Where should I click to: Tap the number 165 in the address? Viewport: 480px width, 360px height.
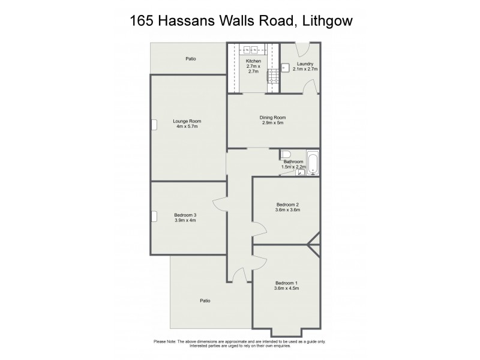click(x=143, y=21)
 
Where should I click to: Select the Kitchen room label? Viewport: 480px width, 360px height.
click(x=253, y=61)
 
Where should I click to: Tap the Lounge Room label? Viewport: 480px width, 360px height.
click(x=187, y=121)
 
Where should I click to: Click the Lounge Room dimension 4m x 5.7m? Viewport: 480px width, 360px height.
click(x=187, y=127)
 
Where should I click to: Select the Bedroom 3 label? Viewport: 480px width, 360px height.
click(x=185, y=215)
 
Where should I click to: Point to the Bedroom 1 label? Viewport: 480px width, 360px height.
click(x=286, y=283)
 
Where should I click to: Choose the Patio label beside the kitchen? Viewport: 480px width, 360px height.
click(x=191, y=59)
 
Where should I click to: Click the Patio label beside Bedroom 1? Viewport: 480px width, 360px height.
click(x=205, y=301)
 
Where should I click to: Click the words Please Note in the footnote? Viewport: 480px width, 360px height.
click(x=167, y=341)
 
